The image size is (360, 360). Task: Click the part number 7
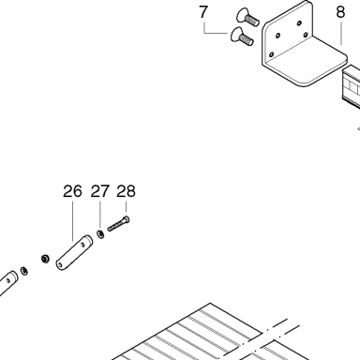(x=203, y=12)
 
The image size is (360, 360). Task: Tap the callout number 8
(x=340, y=12)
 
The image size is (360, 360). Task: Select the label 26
(x=72, y=191)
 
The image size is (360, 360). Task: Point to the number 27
(x=100, y=191)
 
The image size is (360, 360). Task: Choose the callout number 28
(x=126, y=191)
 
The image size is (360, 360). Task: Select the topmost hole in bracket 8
(x=299, y=23)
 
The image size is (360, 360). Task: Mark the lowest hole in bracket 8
(x=271, y=55)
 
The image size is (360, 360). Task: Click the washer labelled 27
(x=100, y=234)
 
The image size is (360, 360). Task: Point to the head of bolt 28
(x=127, y=219)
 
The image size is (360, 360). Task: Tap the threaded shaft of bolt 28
(x=115, y=226)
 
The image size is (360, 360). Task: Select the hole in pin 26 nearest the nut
(x=61, y=265)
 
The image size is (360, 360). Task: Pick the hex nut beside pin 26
(x=45, y=259)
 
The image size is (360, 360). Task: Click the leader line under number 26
(x=73, y=221)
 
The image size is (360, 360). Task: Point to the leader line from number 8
(x=341, y=33)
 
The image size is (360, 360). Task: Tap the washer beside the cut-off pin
(x=23, y=271)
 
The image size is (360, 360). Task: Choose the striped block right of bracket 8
(x=352, y=86)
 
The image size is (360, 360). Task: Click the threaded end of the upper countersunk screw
(x=252, y=21)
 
